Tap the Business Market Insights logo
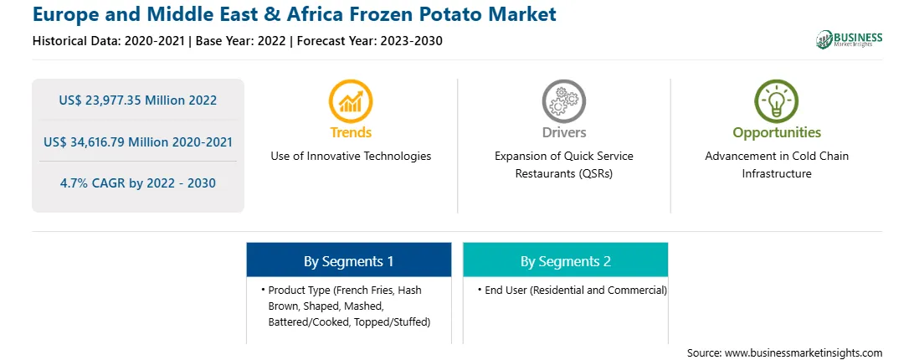[849, 39]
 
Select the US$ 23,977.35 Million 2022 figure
[137, 100]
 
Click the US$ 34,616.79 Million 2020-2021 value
[137, 141]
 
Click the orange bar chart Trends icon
[351, 101]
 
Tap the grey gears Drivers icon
[563, 101]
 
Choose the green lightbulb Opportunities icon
[777, 101]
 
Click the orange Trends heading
[351, 132]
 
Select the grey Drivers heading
[563, 132]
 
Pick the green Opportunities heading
[777, 133]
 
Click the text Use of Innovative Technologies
[351, 156]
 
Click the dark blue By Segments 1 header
[348, 261]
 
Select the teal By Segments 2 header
[566, 261]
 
